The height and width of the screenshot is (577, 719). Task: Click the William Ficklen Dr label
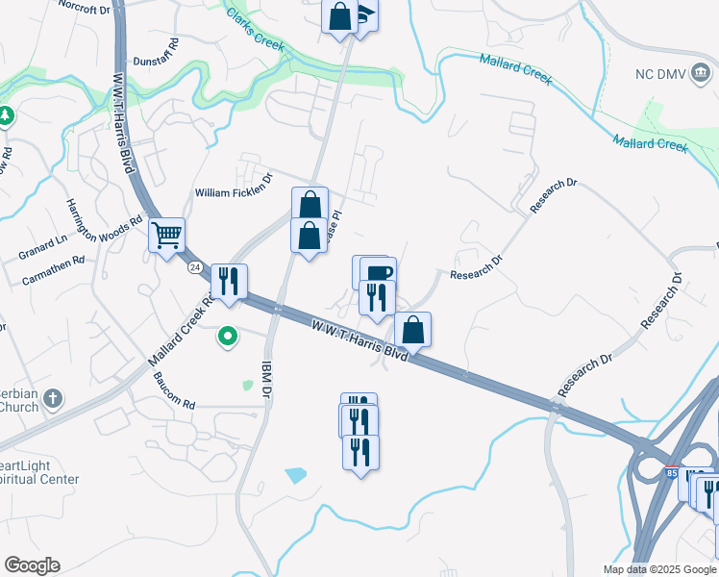pyautogui.click(x=235, y=192)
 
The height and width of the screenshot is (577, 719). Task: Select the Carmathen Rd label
pyautogui.click(x=53, y=272)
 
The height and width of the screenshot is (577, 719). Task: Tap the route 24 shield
pyautogui.click(x=195, y=266)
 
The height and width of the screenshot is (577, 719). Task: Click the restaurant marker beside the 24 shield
pyautogui.click(x=229, y=281)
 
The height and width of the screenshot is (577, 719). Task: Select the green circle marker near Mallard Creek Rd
pyautogui.click(x=228, y=337)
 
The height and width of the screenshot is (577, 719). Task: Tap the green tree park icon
pyautogui.click(x=7, y=116)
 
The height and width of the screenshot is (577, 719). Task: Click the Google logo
pyautogui.click(x=32, y=565)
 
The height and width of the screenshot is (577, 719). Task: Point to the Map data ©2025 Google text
pyautogui.click(x=658, y=569)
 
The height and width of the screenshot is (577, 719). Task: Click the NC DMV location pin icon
pyautogui.click(x=701, y=74)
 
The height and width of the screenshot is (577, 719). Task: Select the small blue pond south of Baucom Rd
pyautogui.click(x=296, y=474)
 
